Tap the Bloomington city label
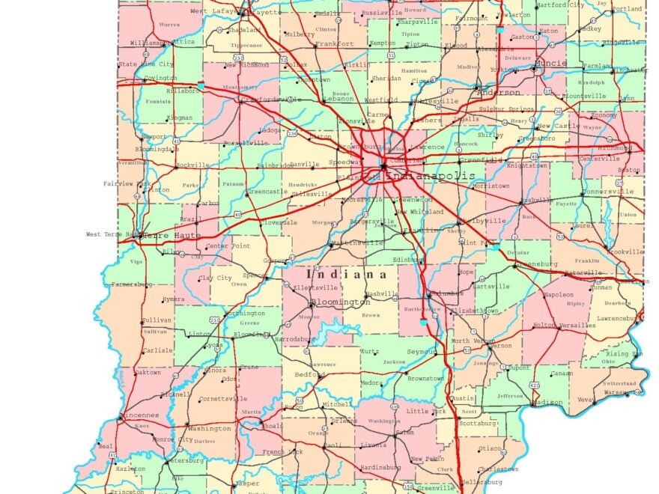click(340, 303)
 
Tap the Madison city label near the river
click(548, 402)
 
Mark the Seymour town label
click(421, 351)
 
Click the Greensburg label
click(538, 264)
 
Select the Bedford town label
click(309, 374)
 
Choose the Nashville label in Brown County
click(381, 293)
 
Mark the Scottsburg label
click(478, 423)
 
